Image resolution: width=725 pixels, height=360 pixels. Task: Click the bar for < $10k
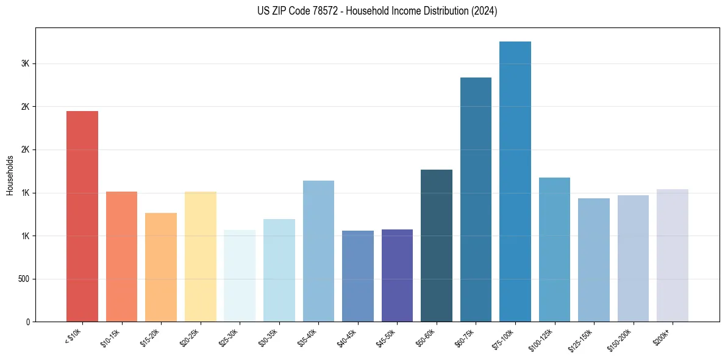[x=82, y=216]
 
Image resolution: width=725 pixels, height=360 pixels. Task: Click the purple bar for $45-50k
[x=397, y=275]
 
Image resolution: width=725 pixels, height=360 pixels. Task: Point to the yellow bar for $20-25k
[x=201, y=256]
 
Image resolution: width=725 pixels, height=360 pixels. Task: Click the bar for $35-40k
[x=318, y=251]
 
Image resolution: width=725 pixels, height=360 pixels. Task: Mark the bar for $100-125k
[x=554, y=250]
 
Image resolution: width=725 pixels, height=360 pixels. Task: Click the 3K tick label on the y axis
[x=25, y=63]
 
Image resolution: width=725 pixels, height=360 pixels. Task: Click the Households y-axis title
[x=10, y=175]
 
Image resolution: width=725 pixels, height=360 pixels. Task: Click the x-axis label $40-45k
[x=347, y=336]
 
